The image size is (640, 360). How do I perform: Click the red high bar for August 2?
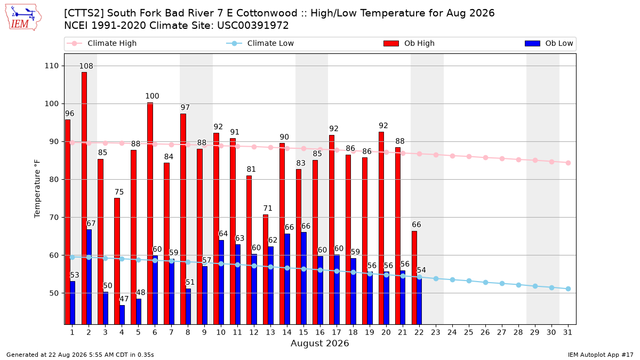pos(84,198)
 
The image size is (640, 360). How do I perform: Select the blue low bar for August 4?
pos(122,315)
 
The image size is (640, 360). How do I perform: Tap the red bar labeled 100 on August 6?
pos(150,213)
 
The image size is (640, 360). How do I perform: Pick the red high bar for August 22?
pos(414,278)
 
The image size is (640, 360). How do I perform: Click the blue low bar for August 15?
pos(303,278)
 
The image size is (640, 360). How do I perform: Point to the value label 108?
pos(86,66)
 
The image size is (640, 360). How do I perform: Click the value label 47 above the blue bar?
pos(124,299)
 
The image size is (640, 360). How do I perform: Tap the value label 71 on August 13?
pos(268,209)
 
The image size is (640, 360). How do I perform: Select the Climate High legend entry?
pos(102,43)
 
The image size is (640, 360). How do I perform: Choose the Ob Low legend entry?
pos(549,43)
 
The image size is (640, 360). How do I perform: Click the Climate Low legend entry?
pos(260,43)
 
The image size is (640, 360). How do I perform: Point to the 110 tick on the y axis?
pos(51,66)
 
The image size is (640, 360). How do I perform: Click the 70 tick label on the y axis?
pos(54,218)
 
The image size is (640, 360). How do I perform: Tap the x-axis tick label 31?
pos(567,333)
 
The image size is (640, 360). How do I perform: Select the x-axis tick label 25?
pos(469,333)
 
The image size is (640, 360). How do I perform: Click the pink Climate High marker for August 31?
pos(569,163)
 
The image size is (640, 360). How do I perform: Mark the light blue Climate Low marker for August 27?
pos(502,283)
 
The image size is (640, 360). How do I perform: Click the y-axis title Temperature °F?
pos(37,189)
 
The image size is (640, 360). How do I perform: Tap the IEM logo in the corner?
pos(23,18)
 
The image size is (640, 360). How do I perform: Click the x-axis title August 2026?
pos(319,343)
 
